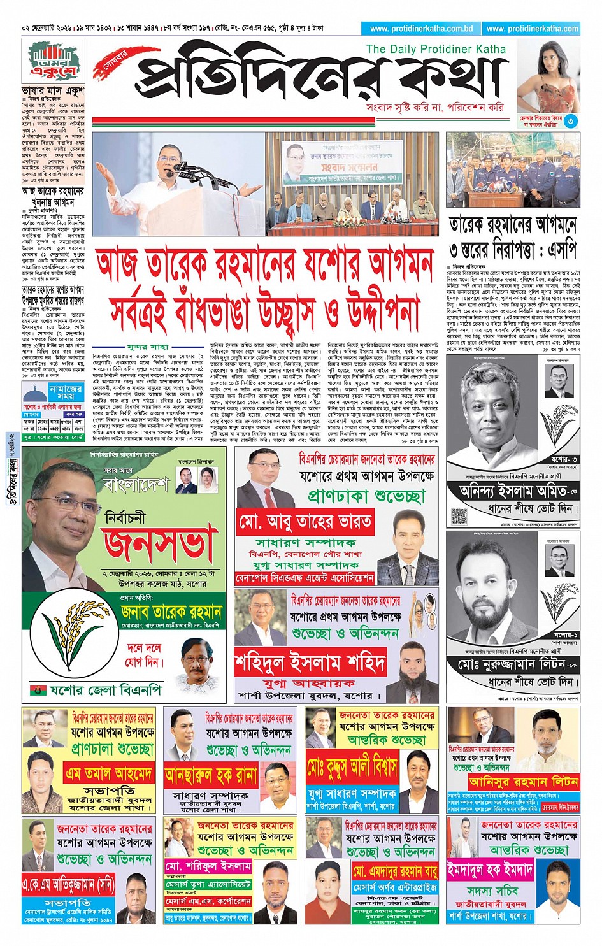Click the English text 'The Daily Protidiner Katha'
[x=436, y=49]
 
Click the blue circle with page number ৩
[x=571, y=120]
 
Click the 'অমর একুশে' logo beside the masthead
[x=54, y=61]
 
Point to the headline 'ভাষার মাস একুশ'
[x=53, y=91]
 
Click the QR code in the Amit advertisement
[x=459, y=515]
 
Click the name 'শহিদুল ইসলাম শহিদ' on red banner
[x=310, y=663]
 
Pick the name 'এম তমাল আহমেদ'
[x=109, y=773]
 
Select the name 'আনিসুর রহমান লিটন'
[x=523, y=781]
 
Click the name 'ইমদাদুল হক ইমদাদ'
[x=490, y=870]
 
